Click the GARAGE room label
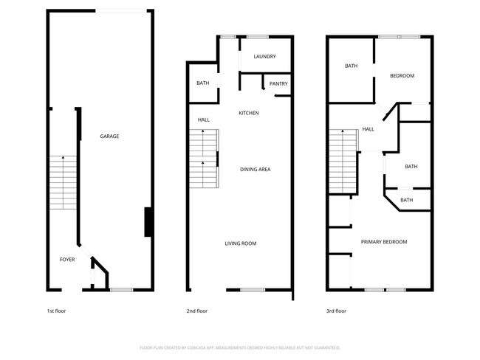109,136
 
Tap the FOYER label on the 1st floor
67,260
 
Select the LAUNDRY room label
264,57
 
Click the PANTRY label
278,84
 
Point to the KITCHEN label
248,113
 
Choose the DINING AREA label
255,170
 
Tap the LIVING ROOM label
241,243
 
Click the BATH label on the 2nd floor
202,83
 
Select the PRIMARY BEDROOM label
383,242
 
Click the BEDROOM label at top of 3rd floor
402,76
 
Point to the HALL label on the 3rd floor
368,130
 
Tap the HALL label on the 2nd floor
203,120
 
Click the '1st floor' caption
56,311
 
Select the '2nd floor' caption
196,311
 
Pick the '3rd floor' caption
336,311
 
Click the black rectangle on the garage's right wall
148,221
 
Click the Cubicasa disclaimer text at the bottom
240,347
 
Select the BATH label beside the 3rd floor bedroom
351,66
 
